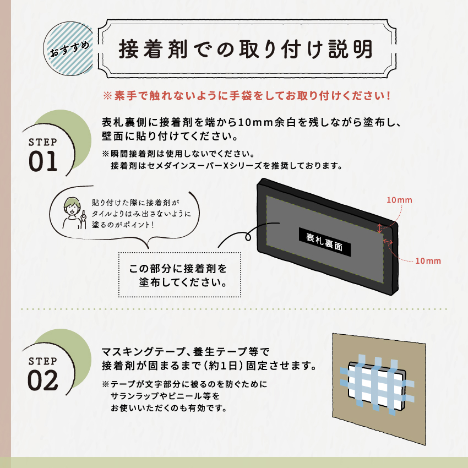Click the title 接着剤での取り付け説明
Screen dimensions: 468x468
coord(246,49)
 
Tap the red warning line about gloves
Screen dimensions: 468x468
coord(247,95)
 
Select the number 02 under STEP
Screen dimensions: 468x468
coord(43,380)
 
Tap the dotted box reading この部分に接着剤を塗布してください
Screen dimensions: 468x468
coord(179,276)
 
